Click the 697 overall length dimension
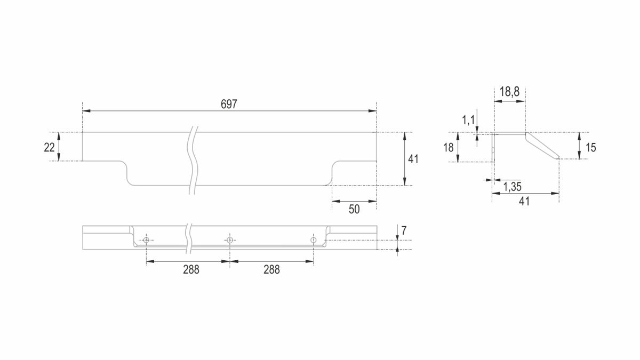(x=229, y=105)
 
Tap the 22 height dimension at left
(x=49, y=147)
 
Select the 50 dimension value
(x=354, y=210)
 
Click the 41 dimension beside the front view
(x=413, y=159)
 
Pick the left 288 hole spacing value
(x=191, y=269)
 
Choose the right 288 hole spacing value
(x=271, y=269)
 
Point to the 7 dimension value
(x=404, y=230)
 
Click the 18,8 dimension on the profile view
(x=509, y=92)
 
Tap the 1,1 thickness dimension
(x=468, y=121)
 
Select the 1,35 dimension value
(x=513, y=187)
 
